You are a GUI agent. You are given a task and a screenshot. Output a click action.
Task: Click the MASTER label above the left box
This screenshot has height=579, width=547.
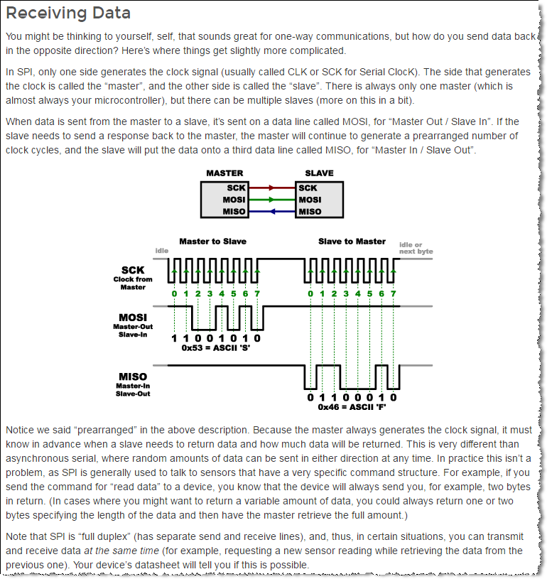coord(224,173)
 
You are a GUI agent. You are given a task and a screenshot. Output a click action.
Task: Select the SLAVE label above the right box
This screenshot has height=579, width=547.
coord(318,173)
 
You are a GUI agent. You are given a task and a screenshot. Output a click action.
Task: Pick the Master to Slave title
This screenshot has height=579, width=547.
coord(214,241)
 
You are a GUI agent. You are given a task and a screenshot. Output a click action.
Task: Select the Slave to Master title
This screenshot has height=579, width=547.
coord(352,241)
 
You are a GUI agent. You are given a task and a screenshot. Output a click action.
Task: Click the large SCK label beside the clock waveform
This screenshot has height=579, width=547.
coord(133,270)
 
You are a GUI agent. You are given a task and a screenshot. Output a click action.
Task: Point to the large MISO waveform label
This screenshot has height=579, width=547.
coord(133,377)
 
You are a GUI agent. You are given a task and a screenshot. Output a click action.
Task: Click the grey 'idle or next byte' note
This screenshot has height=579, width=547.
coord(416,248)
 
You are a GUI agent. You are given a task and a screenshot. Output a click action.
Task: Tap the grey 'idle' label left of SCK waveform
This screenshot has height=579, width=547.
coord(161,251)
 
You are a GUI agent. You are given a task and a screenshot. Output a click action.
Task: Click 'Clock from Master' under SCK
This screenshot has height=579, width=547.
coord(133,283)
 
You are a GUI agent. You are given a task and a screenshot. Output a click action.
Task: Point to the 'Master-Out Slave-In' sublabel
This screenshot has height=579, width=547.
coord(133,330)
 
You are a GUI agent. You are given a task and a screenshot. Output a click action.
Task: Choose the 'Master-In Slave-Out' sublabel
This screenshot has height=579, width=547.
coord(133,389)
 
